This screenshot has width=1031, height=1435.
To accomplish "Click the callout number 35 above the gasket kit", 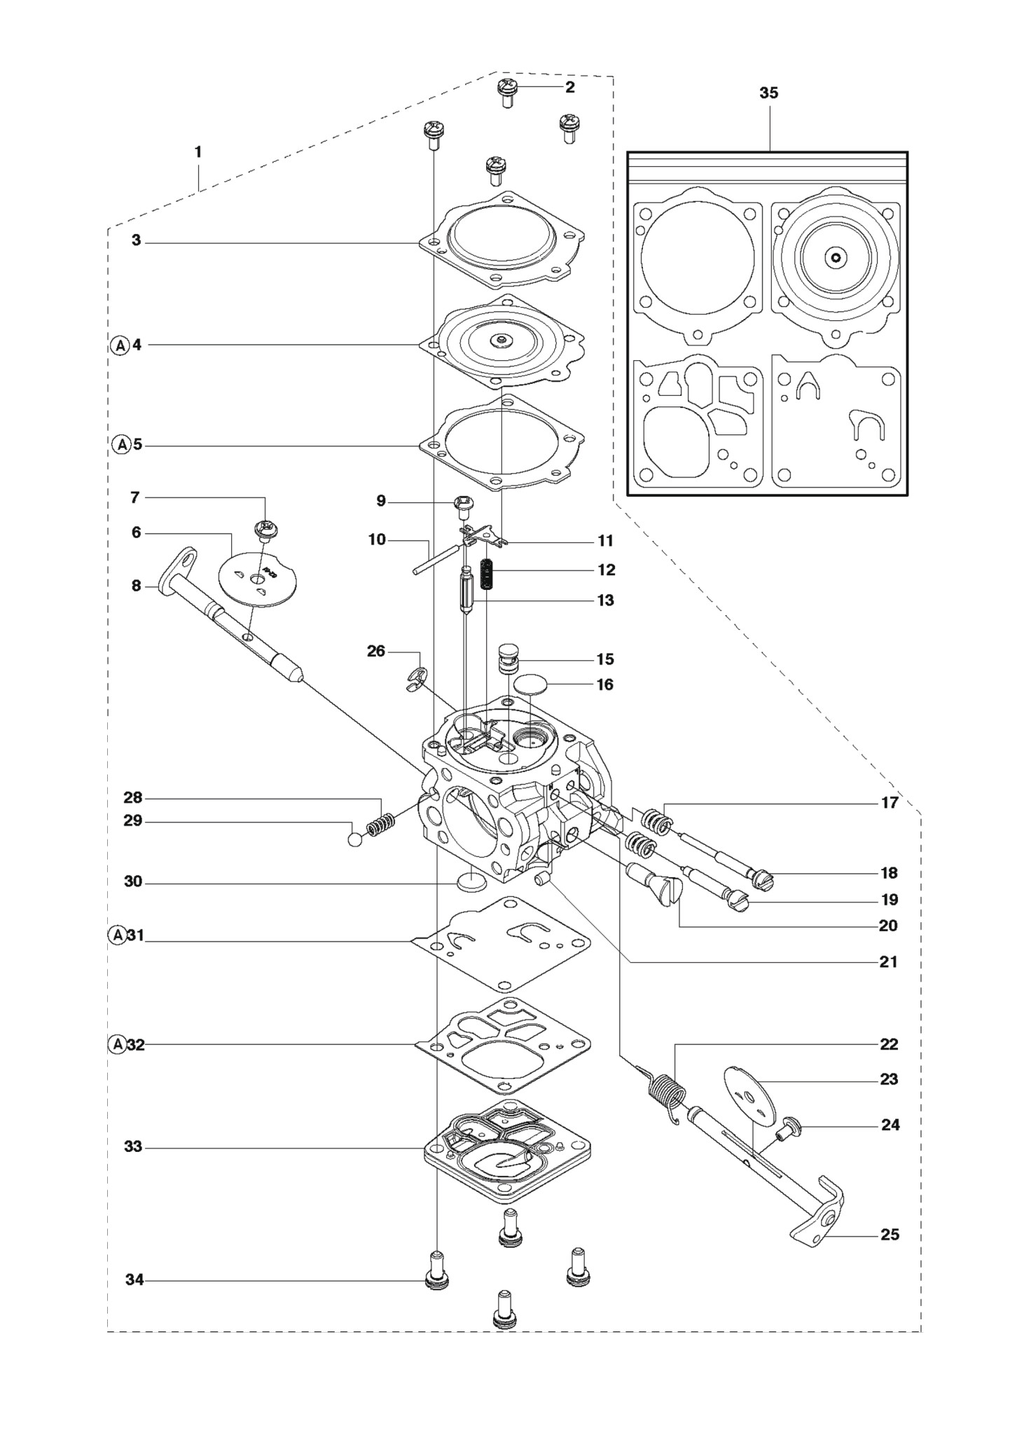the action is point(769,93).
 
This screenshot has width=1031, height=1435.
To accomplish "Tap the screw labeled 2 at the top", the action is point(508,92).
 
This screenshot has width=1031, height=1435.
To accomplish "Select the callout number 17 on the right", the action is point(890,803).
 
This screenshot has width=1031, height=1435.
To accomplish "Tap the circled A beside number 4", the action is point(120,345).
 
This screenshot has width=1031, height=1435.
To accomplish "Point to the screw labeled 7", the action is point(265,530).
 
